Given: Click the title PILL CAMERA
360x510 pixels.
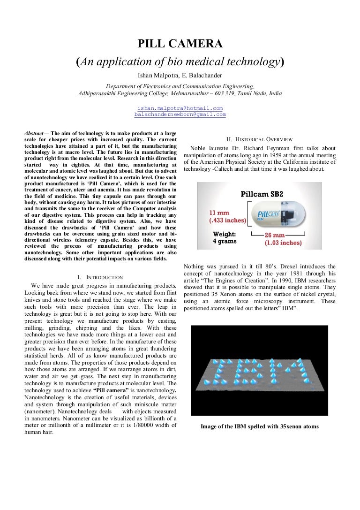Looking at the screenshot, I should (180, 44).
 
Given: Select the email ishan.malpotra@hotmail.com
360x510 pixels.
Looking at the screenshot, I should (180, 108).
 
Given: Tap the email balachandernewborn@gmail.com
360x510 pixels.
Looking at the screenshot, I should (180, 114).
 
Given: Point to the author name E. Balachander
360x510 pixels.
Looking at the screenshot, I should (202, 76).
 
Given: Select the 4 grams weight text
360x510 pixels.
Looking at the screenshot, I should (225, 241).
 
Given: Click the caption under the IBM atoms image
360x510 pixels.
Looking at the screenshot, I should (259, 426).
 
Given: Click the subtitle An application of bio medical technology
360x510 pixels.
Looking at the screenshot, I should (180, 61).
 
